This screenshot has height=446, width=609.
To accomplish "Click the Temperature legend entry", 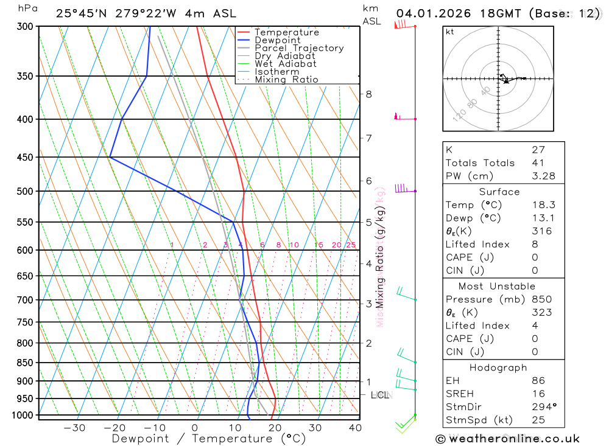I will (x=286, y=32).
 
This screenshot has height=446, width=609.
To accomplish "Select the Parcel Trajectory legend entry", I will (x=299, y=48).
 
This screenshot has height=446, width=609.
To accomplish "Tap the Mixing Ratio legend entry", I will (x=286, y=80).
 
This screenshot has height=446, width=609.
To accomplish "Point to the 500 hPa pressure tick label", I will (x=25, y=191).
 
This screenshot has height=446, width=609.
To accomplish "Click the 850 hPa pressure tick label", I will (x=25, y=363).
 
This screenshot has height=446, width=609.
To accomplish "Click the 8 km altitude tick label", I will (x=368, y=94).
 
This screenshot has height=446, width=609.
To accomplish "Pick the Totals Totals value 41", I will (x=538, y=162).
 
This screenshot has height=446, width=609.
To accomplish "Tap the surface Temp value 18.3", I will (x=543, y=205).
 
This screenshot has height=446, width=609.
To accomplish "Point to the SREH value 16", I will (x=538, y=394).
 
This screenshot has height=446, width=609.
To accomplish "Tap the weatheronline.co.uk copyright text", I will (x=507, y=439).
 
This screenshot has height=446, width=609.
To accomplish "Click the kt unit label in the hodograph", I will (x=450, y=32).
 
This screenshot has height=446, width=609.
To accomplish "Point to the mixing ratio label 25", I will (x=351, y=245).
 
